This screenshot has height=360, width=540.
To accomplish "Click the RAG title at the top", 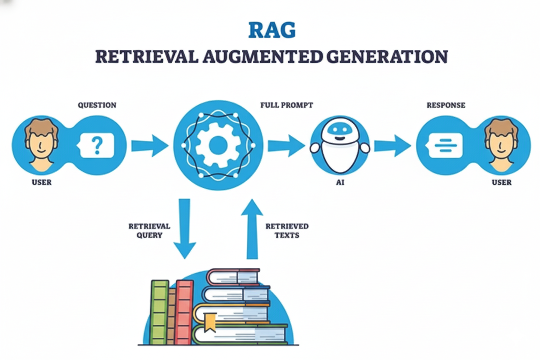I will (x=272, y=30).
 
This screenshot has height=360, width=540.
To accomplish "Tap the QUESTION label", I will (x=97, y=105).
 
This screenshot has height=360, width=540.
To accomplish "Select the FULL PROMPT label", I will (x=286, y=105).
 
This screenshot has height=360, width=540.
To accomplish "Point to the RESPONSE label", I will (x=446, y=105).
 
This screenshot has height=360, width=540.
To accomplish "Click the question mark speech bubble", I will (x=97, y=145).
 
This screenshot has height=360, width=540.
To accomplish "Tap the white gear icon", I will (x=218, y=145).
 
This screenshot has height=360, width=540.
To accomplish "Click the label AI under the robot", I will (x=340, y=183).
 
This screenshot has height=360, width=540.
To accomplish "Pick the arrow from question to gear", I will (x=150, y=146).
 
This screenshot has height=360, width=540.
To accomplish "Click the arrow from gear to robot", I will (x=286, y=146).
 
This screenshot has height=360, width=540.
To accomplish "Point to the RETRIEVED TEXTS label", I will (x=287, y=231).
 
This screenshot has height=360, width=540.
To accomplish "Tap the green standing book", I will (x=159, y=312).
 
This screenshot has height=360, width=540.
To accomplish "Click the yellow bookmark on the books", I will (x=210, y=321).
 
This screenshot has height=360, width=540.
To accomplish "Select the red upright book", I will (x=184, y=312).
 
